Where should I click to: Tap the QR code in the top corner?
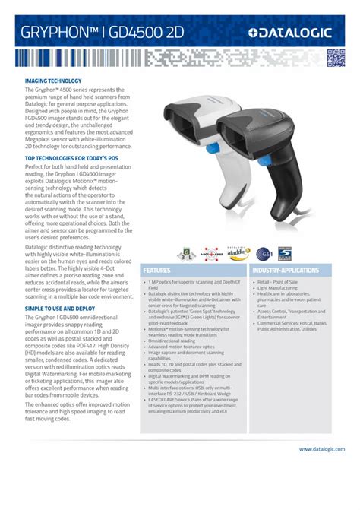click(x=336, y=58)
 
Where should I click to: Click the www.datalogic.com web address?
click(x=322, y=449)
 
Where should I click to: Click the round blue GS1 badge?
click(x=264, y=253)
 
